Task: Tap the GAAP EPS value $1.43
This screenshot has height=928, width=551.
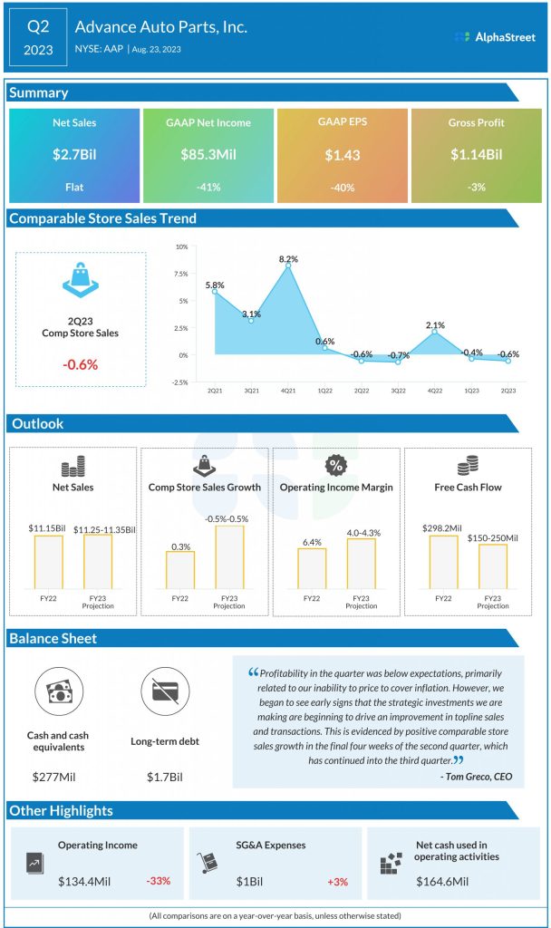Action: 342,155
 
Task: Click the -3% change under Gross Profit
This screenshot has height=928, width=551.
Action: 477,188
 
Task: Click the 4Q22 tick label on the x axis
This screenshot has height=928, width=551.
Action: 435,391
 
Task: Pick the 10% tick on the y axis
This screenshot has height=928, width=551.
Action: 181,246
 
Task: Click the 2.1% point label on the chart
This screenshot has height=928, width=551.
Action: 435,324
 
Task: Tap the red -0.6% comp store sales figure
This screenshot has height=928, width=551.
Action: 80,363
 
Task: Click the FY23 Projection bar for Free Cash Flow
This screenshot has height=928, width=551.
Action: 492,566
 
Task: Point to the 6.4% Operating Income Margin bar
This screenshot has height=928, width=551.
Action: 312,568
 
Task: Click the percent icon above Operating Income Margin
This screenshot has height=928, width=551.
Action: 336,465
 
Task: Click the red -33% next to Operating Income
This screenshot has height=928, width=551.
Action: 157,881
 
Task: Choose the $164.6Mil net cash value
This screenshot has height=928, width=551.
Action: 442,881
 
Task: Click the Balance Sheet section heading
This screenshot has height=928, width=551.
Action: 53,638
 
